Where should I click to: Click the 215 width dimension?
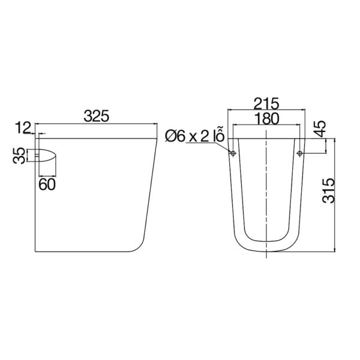pyautogui.click(x=265, y=102)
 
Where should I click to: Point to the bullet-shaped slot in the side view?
pyautogui.click(x=46, y=155)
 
